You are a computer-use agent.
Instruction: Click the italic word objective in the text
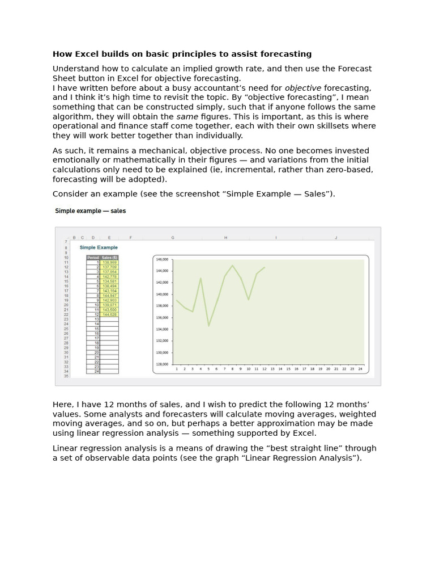click(x=302, y=88)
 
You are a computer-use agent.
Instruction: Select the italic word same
click(x=187, y=116)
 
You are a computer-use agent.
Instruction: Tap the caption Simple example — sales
click(x=90, y=211)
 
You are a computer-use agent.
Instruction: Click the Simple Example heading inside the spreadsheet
click(x=99, y=247)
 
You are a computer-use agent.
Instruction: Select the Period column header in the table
click(x=93, y=258)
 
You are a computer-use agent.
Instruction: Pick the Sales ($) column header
click(x=109, y=258)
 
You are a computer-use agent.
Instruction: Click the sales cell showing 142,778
click(x=109, y=276)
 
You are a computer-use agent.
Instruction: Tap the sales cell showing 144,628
click(x=109, y=314)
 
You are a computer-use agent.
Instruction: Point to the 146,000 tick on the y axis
click(x=162, y=259)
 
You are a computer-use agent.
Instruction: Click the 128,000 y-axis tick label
click(x=162, y=364)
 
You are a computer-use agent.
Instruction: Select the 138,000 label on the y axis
click(x=162, y=306)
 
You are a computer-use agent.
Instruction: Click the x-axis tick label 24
click(x=360, y=369)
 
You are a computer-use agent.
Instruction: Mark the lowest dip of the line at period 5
click(x=208, y=326)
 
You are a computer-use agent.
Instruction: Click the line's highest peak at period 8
click(x=232, y=266)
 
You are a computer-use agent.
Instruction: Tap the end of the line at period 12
click(x=265, y=267)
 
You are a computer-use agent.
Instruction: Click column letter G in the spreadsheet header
click(x=172, y=238)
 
